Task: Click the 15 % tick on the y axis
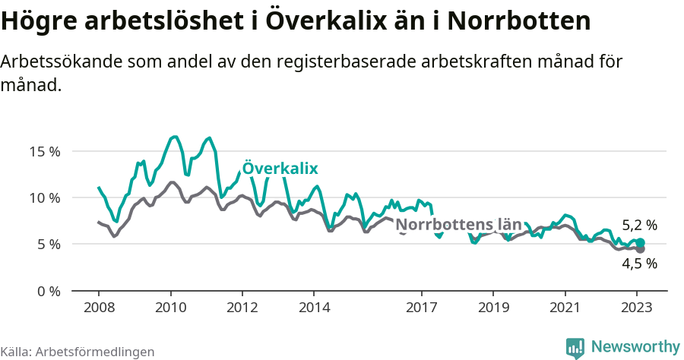tap(45, 151)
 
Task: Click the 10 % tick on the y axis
tap(45, 197)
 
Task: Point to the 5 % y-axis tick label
tap(48, 245)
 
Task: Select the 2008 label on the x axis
tap(99, 308)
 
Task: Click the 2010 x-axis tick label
tap(170, 308)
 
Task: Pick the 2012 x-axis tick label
tap(242, 308)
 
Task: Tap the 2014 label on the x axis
tap(314, 308)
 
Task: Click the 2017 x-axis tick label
tap(422, 308)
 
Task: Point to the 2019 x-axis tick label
tap(493, 308)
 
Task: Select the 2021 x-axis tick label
tap(565, 308)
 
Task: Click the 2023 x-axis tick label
tap(637, 308)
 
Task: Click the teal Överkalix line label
tap(280, 169)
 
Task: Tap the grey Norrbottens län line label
tap(459, 225)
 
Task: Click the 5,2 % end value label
tap(639, 226)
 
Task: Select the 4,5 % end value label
tap(639, 264)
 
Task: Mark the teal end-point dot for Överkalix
tap(640, 242)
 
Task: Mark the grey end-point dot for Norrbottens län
tap(640, 249)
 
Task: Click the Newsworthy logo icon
tap(575, 347)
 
